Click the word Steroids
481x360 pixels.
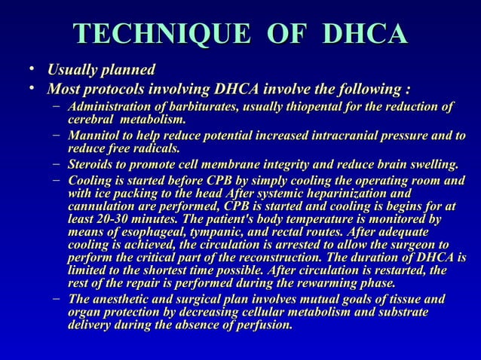[x=90, y=164]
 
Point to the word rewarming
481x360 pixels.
[x=314, y=283]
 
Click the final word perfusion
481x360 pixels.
[x=265, y=326]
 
